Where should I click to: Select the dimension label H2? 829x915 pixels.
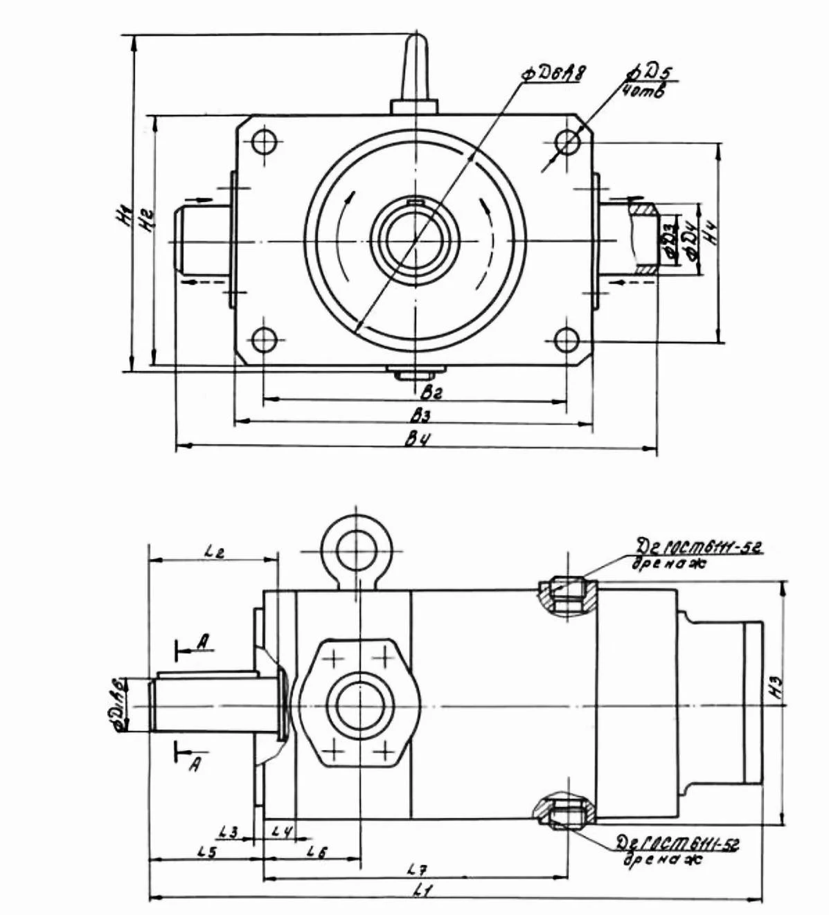click(145, 219)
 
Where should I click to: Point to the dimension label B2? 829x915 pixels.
click(431, 392)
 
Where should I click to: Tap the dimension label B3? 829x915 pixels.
click(421, 415)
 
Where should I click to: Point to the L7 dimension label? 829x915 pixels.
click(418, 869)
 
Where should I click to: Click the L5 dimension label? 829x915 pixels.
click(207, 852)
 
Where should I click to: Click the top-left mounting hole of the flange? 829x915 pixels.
click(263, 143)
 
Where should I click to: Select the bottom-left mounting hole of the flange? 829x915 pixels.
click(263, 340)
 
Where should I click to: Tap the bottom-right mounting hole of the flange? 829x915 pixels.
click(567, 340)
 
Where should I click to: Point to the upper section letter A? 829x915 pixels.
click(203, 642)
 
